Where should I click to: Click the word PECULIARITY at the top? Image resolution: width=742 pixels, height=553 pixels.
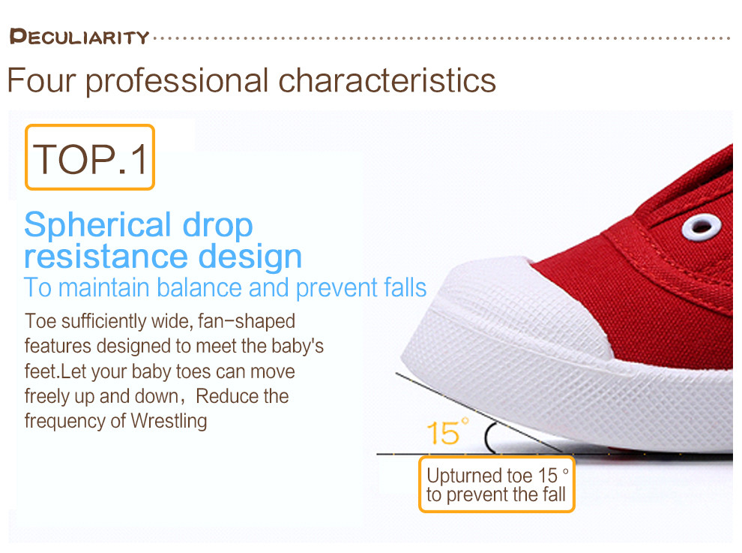point(79,37)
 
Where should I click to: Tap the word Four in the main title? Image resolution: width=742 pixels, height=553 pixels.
point(42,80)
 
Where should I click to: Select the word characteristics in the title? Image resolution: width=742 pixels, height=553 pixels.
point(387,80)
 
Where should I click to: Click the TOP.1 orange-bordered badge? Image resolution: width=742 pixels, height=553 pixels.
point(90,158)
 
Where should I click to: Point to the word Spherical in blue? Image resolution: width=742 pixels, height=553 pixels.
point(98,226)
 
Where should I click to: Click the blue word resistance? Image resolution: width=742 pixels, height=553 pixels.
point(106,257)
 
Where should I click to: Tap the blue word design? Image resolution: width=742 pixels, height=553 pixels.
point(250,257)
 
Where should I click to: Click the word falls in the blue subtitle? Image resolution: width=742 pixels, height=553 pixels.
point(405,287)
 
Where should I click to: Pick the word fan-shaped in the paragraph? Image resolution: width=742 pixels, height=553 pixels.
point(247,321)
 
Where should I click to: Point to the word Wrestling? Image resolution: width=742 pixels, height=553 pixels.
point(169,421)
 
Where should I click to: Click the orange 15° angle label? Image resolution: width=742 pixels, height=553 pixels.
point(447,431)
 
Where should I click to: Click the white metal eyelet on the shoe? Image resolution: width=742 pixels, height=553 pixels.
point(702,227)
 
